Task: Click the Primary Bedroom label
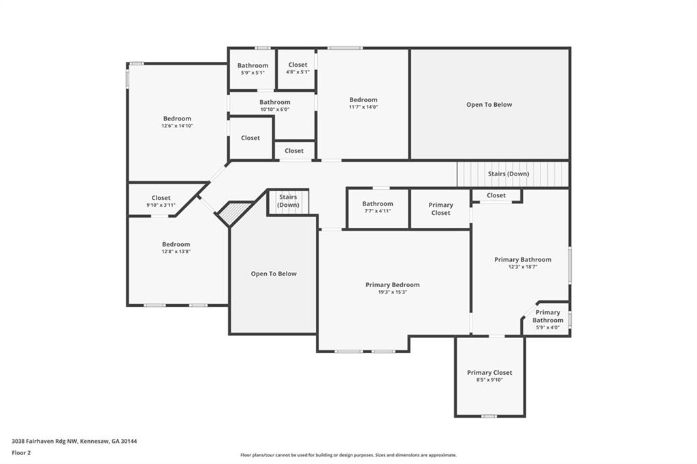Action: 392,284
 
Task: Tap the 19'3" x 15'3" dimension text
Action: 392,293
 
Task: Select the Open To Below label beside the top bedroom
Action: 489,105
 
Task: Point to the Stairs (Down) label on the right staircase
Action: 508,173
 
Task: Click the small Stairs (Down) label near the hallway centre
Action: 288,201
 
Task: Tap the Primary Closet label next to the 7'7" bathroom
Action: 440,209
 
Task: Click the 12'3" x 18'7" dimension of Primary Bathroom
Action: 523,267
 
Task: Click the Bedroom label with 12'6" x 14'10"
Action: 177,118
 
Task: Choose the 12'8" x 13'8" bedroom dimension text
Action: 176,252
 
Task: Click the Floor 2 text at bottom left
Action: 21,452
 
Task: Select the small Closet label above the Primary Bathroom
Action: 496,195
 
